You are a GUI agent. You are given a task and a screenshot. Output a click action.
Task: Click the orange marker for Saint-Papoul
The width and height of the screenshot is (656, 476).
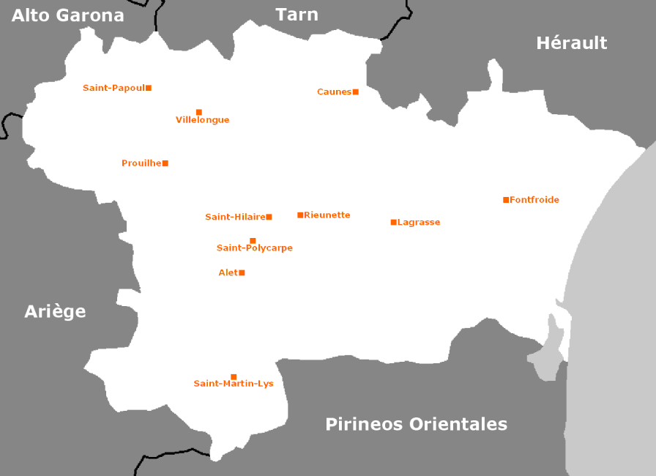click(x=149, y=88)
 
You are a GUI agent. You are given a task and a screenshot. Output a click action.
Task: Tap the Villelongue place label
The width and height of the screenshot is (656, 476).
click(x=202, y=120)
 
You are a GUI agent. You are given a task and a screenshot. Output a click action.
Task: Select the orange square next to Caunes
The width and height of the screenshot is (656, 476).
click(x=356, y=92)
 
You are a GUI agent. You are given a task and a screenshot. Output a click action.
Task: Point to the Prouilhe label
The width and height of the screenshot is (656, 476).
click(x=141, y=163)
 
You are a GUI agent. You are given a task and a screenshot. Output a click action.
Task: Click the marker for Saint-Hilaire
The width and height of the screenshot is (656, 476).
click(x=269, y=217)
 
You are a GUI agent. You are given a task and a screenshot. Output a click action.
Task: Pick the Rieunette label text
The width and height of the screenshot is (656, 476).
click(x=327, y=215)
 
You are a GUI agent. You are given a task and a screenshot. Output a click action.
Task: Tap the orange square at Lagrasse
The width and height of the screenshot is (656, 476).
click(x=393, y=222)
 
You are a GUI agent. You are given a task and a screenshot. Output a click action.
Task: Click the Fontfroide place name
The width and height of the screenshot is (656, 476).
click(x=534, y=200)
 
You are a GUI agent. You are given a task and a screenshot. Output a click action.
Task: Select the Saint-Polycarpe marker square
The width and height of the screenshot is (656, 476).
click(x=253, y=241)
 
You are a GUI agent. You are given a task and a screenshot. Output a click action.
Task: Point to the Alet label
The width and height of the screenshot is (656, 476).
click(x=228, y=272)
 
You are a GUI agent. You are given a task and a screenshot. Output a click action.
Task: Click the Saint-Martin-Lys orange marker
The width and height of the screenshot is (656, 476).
click(x=234, y=377)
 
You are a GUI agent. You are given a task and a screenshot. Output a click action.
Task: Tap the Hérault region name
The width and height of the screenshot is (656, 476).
click(x=571, y=43)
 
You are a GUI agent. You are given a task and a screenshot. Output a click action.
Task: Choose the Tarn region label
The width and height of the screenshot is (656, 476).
click(x=297, y=14)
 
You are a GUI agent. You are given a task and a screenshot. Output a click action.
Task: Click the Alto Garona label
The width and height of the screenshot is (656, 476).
click(x=68, y=15)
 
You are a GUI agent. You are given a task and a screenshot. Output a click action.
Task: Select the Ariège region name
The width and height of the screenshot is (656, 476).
click(x=55, y=311)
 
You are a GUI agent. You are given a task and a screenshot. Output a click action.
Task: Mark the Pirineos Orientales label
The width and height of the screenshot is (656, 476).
click(x=416, y=424)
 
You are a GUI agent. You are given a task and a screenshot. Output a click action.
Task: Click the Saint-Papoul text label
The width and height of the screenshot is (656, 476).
click(x=113, y=88)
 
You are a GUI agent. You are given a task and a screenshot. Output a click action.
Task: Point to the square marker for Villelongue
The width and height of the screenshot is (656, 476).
click(x=199, y=112)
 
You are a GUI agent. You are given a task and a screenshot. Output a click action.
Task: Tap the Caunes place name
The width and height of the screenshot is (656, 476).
click(x=334, y=92)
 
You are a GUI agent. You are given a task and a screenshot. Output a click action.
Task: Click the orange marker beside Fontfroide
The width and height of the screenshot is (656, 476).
click(x=506, y=200)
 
